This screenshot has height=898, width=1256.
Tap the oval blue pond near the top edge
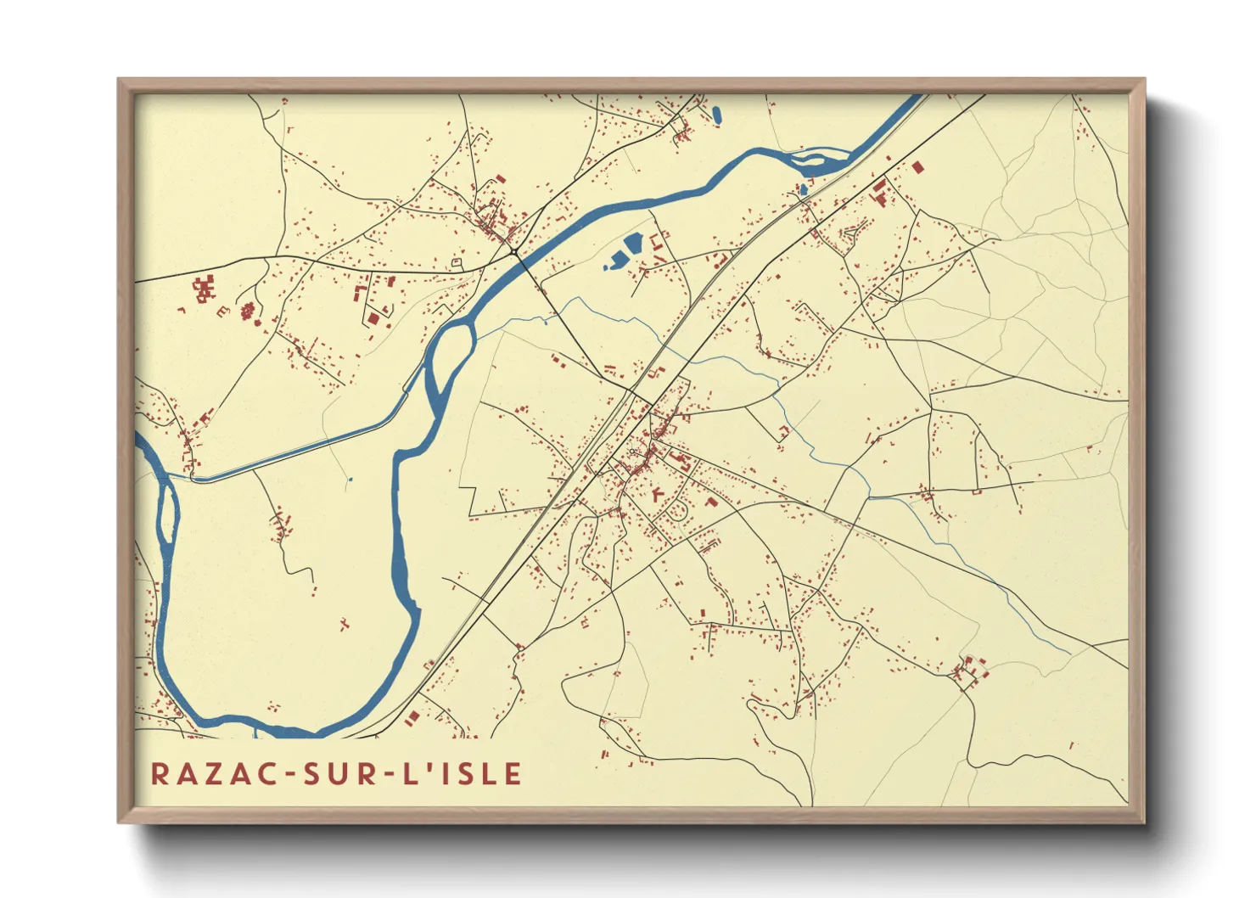(x=717, y=114)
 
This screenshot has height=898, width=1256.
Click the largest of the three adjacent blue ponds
(x=633, y=244)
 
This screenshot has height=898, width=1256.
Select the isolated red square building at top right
(x=917, y=167)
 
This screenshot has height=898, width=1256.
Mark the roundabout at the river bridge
(x=514, y=251)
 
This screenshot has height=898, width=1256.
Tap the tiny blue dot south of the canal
(x=350, y=480)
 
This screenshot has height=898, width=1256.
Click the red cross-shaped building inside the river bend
(x=344, y=625)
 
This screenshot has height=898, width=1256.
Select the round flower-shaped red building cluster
(x=248, y=311)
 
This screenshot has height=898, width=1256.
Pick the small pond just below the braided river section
(x=802, y=189)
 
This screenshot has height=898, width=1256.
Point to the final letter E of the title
(x=512, y=773)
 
